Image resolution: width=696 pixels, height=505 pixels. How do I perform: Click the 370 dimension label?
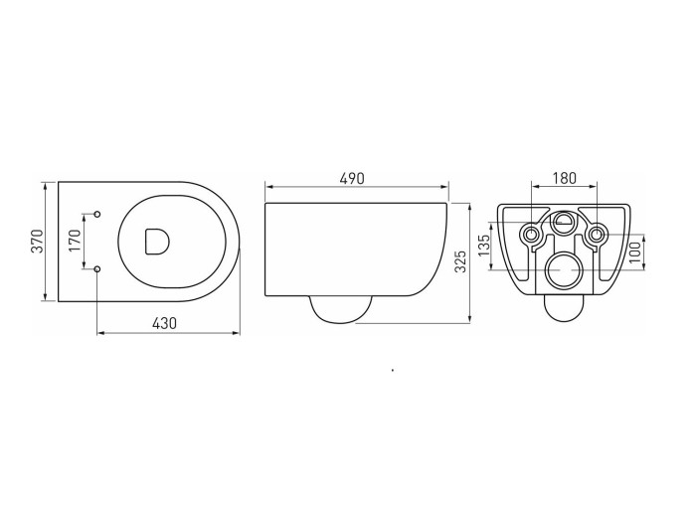coord(39,242)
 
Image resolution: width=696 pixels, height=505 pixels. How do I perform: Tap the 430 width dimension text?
coord(164,323)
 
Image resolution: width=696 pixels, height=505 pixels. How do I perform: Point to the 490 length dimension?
coord(352,178)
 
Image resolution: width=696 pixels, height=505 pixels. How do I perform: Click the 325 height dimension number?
coord(461,261)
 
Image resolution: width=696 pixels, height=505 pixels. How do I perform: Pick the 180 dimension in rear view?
coord(564,178)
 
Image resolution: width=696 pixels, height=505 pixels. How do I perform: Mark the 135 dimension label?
coord(484,245)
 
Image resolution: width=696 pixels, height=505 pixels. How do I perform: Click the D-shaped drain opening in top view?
coord(157,242)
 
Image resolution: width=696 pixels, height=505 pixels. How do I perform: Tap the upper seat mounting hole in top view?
coord(97,214)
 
